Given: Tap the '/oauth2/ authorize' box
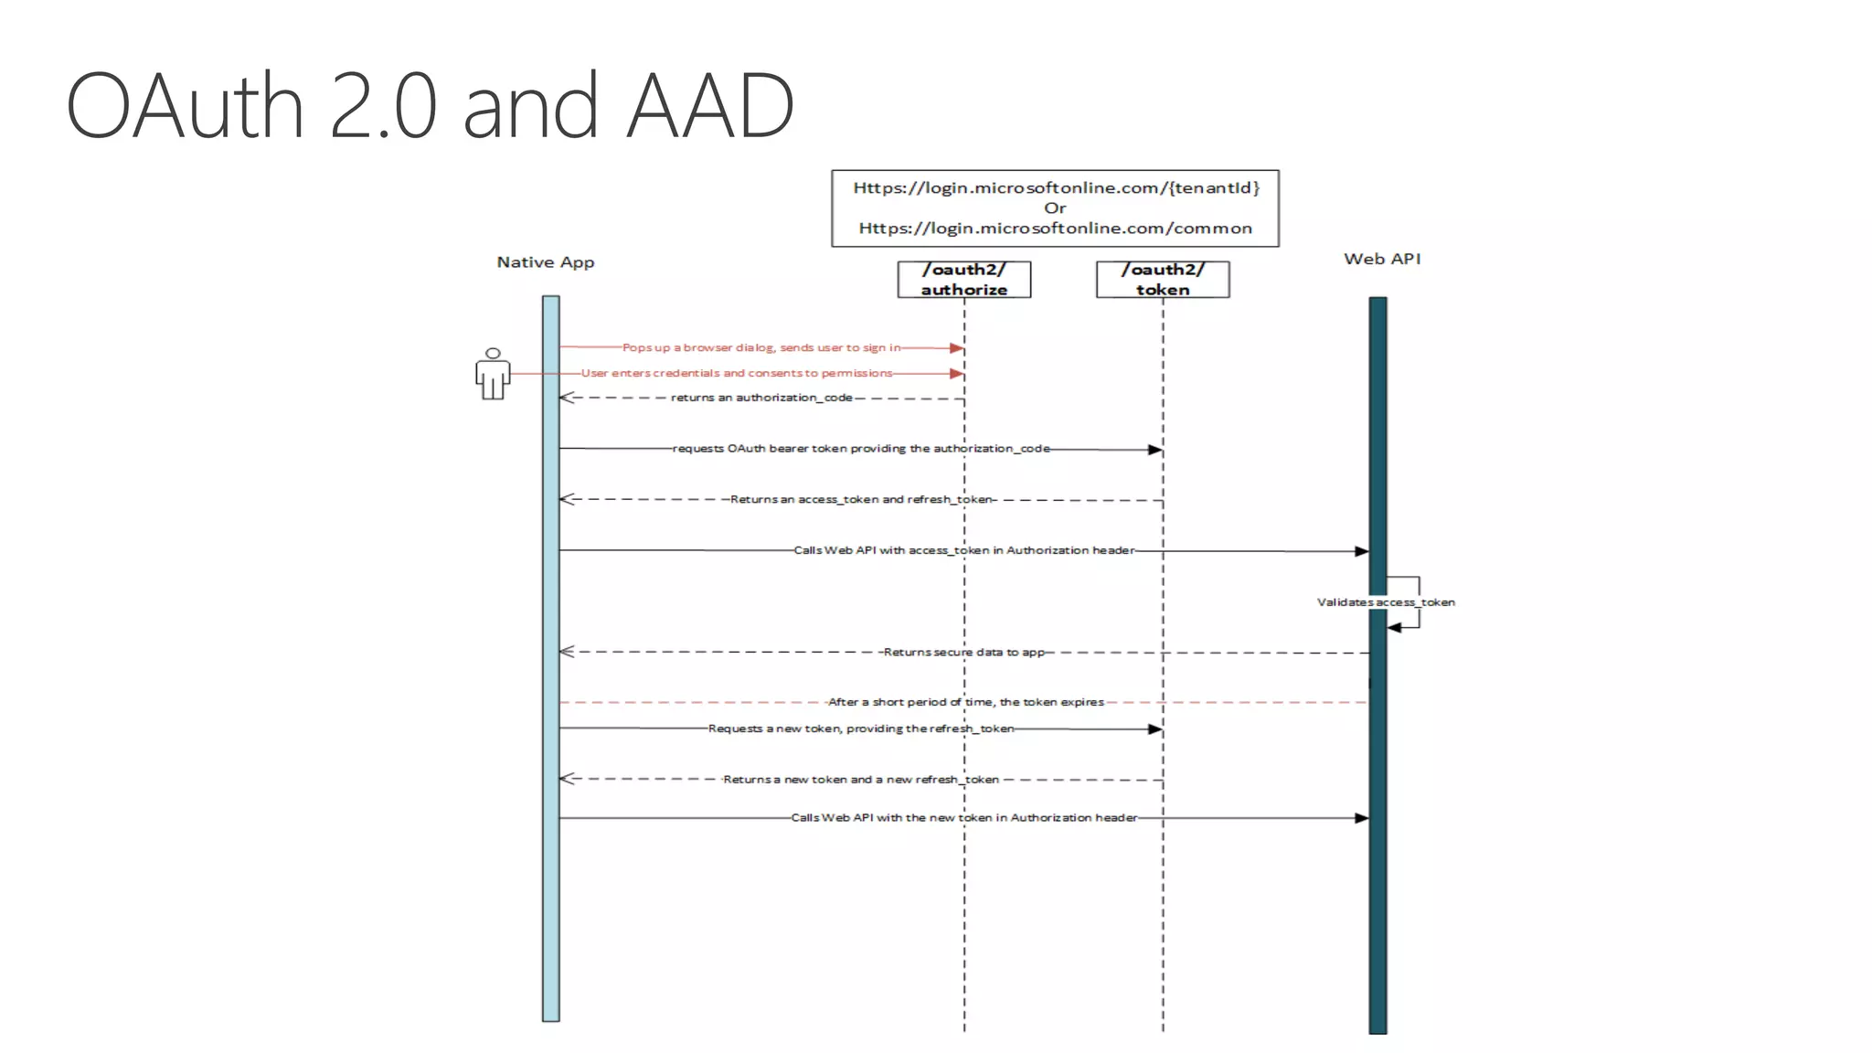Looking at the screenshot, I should click(x=963, y=280).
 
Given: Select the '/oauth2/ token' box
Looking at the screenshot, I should click(x=1163, y=280).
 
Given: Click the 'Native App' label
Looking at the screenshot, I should click(x=545, y=262).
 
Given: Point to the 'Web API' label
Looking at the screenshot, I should click(x=1381, y=259).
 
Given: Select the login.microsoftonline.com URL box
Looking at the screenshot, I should click(x=1055, y=208).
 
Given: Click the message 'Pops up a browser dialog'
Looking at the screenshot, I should click(x=761, y=347).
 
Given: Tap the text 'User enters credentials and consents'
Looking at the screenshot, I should click(x=737, y=373).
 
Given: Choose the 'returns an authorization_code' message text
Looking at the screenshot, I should click(x=761, y=398).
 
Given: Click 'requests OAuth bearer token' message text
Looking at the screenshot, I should click(x=861, y=449).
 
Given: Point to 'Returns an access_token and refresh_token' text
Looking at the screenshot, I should click(x=861, y=499).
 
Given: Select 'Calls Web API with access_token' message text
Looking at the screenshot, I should click(x=963, y=550).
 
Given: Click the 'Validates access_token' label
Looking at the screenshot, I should click(x=1385, y=602).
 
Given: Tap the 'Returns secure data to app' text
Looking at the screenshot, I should click(x=963, y=652).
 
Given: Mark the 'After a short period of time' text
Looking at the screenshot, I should click(x=965, y=702).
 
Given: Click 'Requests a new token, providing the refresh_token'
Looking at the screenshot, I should click(x=861, y=729).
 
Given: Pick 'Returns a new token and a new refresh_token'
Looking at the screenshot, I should click(x=861, y=780).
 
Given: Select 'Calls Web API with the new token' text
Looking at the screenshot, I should click(x=963, y=817).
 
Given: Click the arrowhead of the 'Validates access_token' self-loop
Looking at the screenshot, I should click(x=1394, y=628).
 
